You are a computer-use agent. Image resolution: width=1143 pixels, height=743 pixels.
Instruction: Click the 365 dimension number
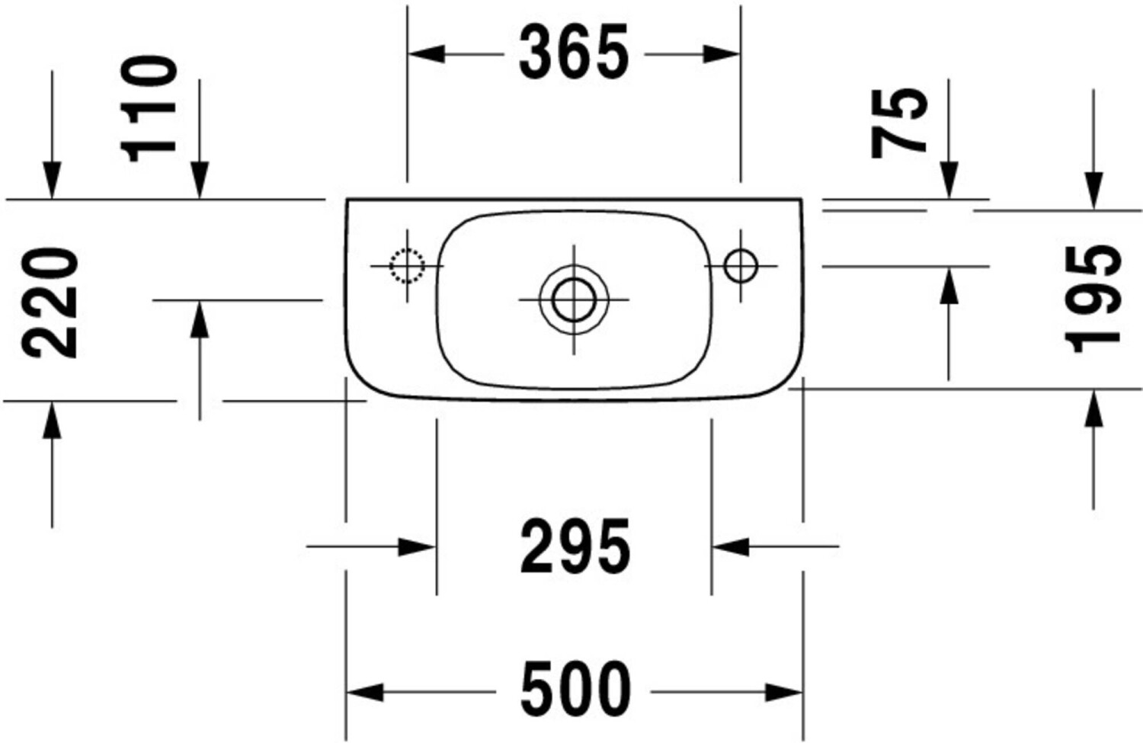click(x=574, y=53)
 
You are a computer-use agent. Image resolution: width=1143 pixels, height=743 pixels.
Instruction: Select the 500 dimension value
click(x=575, y=690)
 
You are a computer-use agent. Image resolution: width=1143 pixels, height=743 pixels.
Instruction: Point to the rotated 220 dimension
click(x=50, y=303)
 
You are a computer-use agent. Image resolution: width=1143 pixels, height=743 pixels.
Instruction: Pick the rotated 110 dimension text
click(x=149, y=108)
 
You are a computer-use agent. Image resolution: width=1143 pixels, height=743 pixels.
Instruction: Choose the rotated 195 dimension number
click(x=1094, y=299)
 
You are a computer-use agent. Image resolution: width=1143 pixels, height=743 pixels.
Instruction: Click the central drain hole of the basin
click(x=574, y=299)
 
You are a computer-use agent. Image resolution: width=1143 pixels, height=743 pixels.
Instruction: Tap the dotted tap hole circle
click(x=407, y=266)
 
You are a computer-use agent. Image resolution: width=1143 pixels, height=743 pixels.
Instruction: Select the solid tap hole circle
click(x=741, y=266)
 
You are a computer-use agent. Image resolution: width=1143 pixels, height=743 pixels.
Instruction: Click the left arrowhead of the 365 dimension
click(x=425, y=54)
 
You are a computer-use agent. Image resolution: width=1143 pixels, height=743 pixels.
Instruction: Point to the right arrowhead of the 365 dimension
click(x=722, y=54)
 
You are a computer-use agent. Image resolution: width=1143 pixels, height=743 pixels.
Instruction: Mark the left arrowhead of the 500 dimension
click(x=365, y=693)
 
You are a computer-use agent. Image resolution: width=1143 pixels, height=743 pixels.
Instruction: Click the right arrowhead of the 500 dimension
click(x=784, y=693)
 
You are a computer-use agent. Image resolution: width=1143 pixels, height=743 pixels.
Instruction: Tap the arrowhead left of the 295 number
click(x=417, y=546)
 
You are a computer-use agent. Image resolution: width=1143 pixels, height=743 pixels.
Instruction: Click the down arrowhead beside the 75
click(x=949, y=181)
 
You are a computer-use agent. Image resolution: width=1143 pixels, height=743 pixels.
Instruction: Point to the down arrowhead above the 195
click(x=1094, y=189)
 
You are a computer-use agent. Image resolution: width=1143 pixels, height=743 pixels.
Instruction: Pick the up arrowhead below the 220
click(x=52, y=420)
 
